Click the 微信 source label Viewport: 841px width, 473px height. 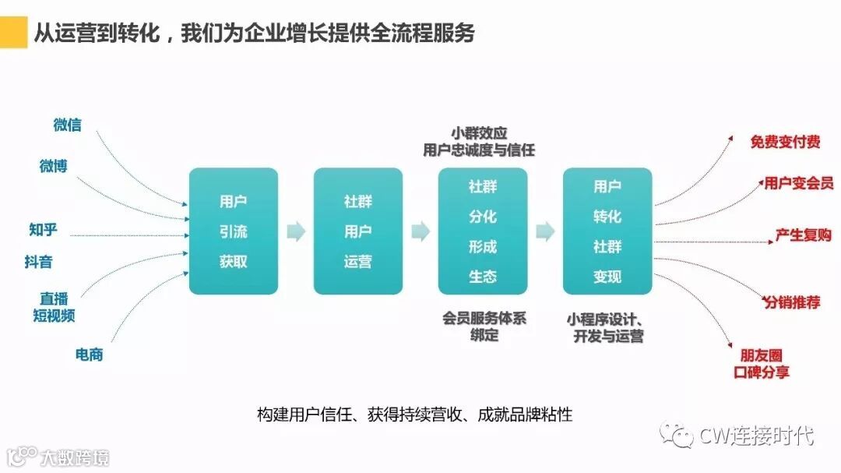[x=68, y=125]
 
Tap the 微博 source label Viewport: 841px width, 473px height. [x=54, y=166]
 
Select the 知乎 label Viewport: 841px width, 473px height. [x=44, y=229]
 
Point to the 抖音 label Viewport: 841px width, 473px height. [x=39, y=262]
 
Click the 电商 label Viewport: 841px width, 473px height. [x=89, y=355]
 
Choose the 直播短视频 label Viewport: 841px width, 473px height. [x=55, y=307]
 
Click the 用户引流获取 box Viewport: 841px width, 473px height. [x=233, y=231]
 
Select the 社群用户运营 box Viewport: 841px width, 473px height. [x=357, y=231]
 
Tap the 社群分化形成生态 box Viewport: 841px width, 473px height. [x=482, y=231]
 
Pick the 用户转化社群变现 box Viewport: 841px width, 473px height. [x=607, y=231]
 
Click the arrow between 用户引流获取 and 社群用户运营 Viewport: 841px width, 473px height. [x=296, y=231]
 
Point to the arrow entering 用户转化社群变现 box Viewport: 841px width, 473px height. [x=545, y=231]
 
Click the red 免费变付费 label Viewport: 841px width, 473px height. [x=785, y=142]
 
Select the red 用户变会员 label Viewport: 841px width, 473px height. [x=798, y=183]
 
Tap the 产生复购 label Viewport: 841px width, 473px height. [x=803, y=235]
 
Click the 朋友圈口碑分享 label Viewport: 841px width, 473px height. [x=762, y=364]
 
